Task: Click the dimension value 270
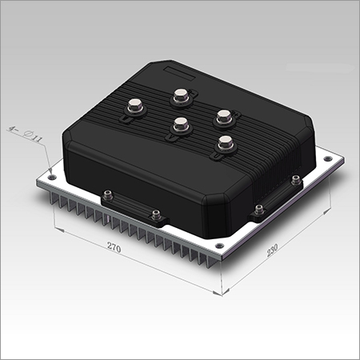pyautogui.click(x=113, y=249)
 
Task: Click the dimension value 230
pyautogui.click(x=274, y=250)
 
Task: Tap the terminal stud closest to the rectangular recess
pyautogui.click(x=180, y=96)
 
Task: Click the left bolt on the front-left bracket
pyautogui.click(x=107, y=195)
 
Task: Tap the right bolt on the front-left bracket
pyautogui.click(x=156, y=214)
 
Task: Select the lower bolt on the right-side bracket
pyautogui.click(x=258, y=211)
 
